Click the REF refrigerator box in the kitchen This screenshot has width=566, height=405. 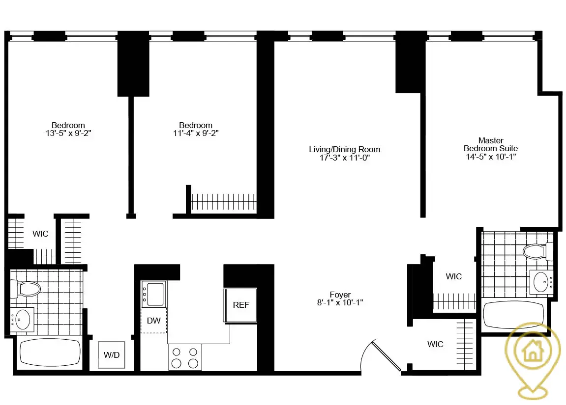tap(240, 305)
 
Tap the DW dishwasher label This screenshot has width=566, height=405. tap(154, 321)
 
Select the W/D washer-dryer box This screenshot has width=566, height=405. tap(112, 354)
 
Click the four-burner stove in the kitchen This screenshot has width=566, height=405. tap(185, 357)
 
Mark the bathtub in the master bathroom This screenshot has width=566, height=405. tap(514, 315)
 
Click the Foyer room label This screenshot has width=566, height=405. tap(340, 295)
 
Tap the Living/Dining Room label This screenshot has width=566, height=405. tap(344, 149)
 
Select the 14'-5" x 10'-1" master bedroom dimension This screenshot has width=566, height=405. tap(491, 157)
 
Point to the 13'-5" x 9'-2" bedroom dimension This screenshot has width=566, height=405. tap(68, 133)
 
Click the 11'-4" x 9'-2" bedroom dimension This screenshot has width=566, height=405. tap(195, 133)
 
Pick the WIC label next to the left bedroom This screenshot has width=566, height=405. tap(40, 234)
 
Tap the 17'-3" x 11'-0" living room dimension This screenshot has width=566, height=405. tap(344, 158)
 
